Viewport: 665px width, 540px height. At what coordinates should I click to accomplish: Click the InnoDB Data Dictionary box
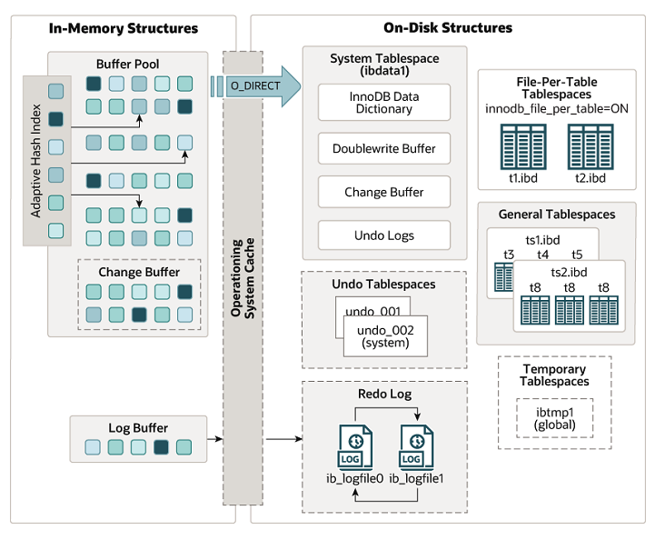(383, 103)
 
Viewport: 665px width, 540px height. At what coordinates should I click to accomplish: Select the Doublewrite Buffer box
(383, 148)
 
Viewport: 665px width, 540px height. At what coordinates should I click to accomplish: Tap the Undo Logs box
(383, 235)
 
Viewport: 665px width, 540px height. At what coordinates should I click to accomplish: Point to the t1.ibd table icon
(522, 145)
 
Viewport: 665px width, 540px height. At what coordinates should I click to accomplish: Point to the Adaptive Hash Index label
(36, 161)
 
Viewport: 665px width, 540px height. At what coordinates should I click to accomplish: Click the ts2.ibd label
(569, 272)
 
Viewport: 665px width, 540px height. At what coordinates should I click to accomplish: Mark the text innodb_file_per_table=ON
(556, 109)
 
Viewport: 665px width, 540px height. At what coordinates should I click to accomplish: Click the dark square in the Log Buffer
(162, 446)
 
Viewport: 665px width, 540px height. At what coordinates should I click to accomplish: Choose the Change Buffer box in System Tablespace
(383, 192)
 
